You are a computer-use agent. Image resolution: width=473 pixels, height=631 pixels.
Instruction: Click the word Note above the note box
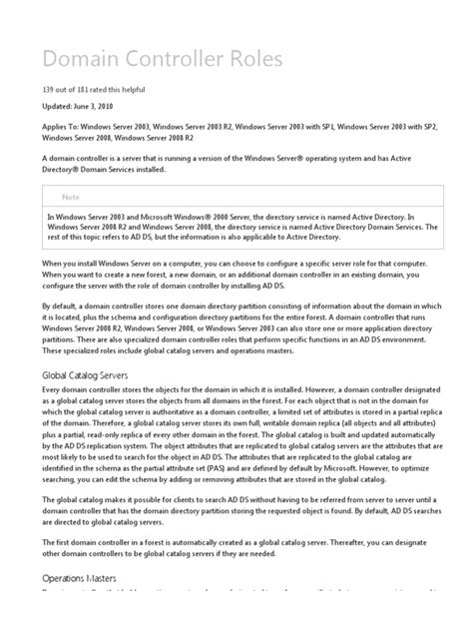pos(72,198)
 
